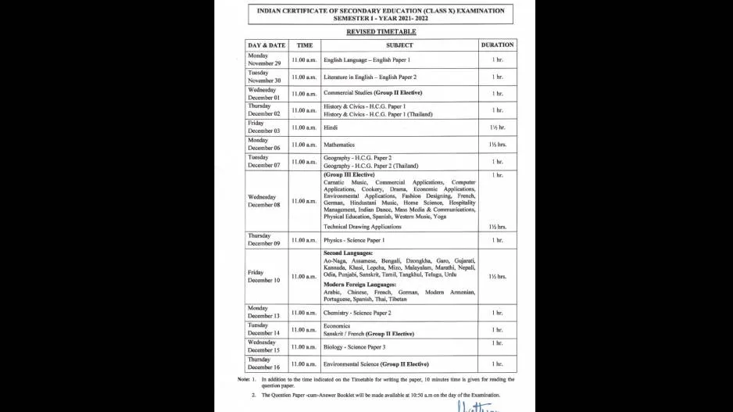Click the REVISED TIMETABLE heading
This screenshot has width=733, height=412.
click(381, 32)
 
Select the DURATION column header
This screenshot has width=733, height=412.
click(497, 45)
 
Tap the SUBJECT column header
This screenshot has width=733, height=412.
click(399, 45)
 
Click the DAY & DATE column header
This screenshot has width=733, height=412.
click(266, 45)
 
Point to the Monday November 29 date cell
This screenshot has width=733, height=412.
click(263, 59)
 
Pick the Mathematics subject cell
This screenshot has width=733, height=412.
click(339, 145)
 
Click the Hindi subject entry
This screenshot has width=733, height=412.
click(331, 127)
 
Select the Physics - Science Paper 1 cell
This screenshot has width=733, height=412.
click(353, 240)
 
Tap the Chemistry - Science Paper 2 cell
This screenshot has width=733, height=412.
click(357, 313)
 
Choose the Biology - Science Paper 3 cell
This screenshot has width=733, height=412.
click(354, 346)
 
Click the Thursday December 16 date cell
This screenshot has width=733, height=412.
click(263, 364)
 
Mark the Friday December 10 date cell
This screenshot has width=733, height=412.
click(263, 276)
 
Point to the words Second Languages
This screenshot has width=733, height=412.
click(348, 253)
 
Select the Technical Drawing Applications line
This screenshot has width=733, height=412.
click(362, 227)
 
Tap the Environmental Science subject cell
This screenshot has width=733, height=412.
click(376, 364)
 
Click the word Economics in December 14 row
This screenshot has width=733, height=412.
click(337, 326)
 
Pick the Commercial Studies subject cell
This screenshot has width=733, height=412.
click(372, 93)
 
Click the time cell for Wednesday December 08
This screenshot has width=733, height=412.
click(304, 201)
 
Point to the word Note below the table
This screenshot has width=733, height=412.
click(244, 379)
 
